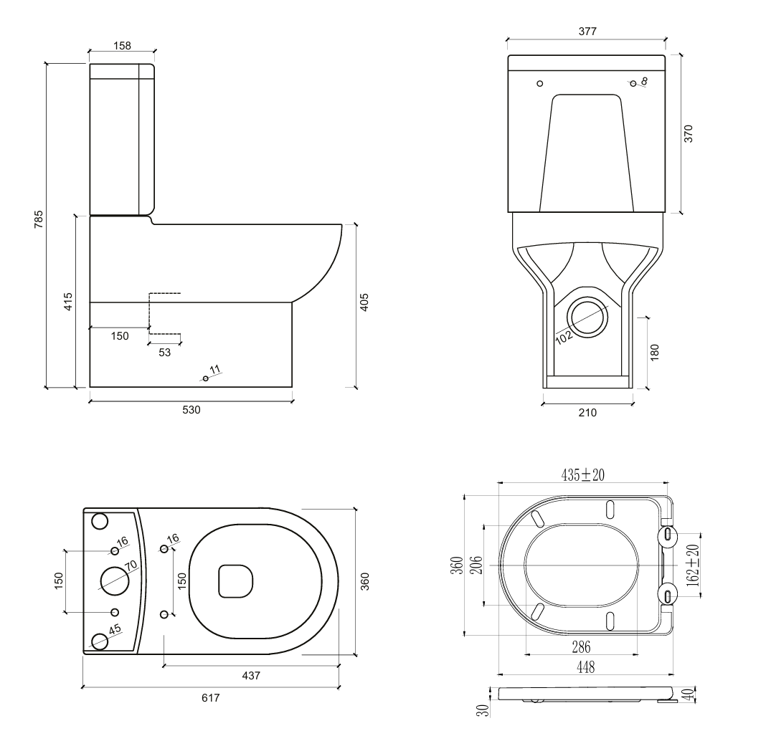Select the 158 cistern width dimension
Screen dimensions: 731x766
tap(122, 45)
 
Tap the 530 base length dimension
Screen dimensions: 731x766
tap(191, 411)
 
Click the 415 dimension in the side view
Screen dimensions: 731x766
tap(68, 302)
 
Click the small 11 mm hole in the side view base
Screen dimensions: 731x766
tap(205, 378)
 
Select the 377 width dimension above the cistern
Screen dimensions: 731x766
tap(587, 32)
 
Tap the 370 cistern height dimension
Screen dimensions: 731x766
tap(689, 134)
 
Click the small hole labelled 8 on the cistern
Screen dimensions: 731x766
tap(633, 83)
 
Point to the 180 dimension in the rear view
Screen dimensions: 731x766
tap(654, 351)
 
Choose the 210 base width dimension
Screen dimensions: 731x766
tap(587, 412)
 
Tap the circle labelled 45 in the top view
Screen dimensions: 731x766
tap(100, 640)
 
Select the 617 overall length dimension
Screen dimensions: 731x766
tap(210, 697)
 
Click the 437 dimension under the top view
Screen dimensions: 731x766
tap(250, 675)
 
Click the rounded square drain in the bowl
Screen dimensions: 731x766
tap(235, 580)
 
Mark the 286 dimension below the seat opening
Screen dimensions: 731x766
tap(581, 647)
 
